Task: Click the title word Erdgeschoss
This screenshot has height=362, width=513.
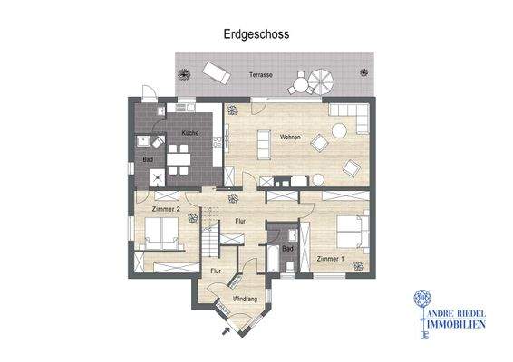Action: tap(256, 33)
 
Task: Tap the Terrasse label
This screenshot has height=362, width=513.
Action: tap(262, 74)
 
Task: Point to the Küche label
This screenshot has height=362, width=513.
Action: tap(190, 134)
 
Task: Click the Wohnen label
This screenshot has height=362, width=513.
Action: tap(290, 138)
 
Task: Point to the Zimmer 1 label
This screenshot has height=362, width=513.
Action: tap(330, 259)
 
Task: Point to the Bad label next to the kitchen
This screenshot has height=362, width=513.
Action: tap(146, 160)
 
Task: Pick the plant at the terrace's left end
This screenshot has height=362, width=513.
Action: tap(182, 73)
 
